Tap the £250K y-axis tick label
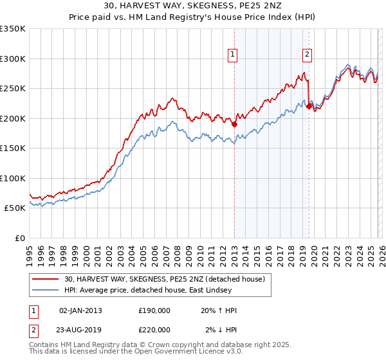(x=13, y=88)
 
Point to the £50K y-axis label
(x=15, y=208)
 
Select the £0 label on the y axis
(x=21, y=238)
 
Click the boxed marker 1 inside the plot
(x=232, y=55)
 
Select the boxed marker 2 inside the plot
(x=308, y=55)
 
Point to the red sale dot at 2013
(x=234, y=125)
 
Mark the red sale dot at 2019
(x=309, y=107)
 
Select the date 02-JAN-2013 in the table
(x=80, y=310)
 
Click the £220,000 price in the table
(x=154, y=330)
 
